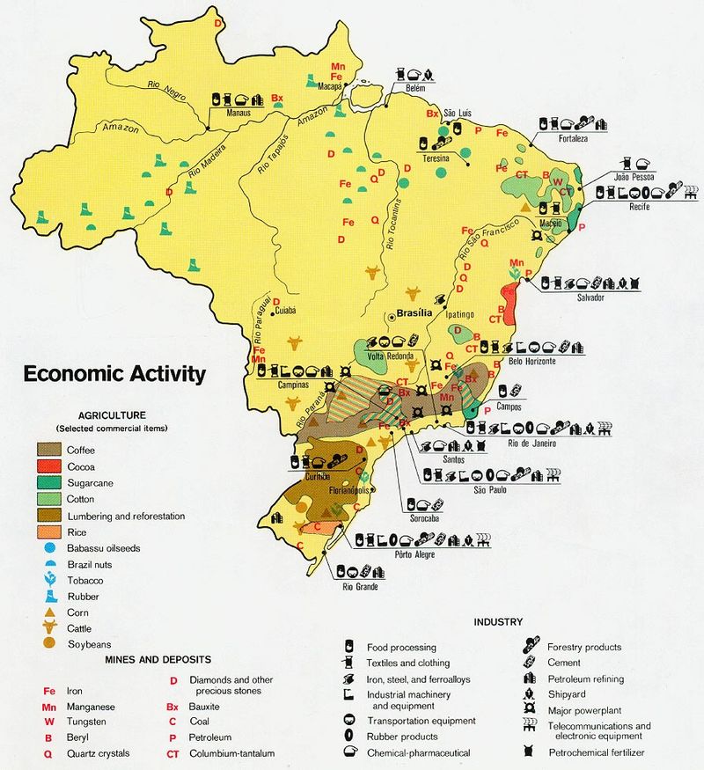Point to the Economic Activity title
(114, 373)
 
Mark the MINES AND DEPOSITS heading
(158, 659)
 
